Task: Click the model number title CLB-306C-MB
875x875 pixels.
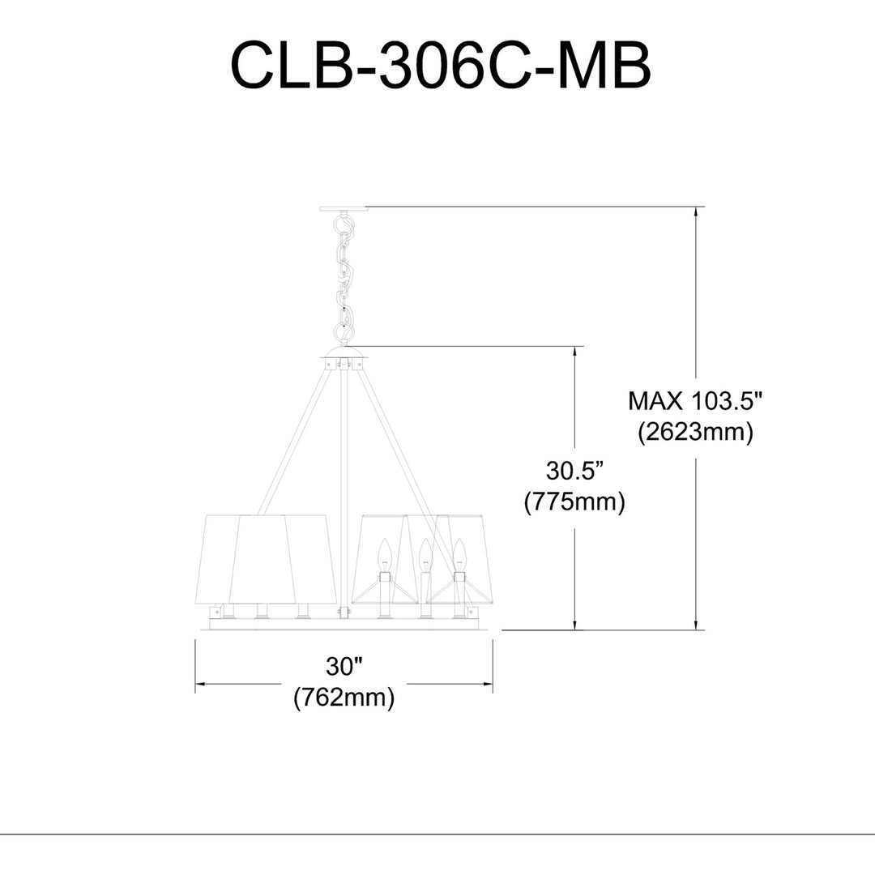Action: tap(441, 66)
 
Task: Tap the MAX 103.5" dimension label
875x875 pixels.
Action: tap(695, 401)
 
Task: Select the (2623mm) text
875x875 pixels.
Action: tap(695, 431)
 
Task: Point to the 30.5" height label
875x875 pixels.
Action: tap(575, 471)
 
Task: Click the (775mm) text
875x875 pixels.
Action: tap(574, 502)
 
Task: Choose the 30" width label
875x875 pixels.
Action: tap(344, 666)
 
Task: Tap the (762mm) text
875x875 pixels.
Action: tap(344, 697)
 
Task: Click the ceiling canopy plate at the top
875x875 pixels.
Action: tap(344, 209)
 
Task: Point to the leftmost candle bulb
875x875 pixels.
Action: tap(384, 555)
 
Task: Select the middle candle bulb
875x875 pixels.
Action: tap(426, 555)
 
